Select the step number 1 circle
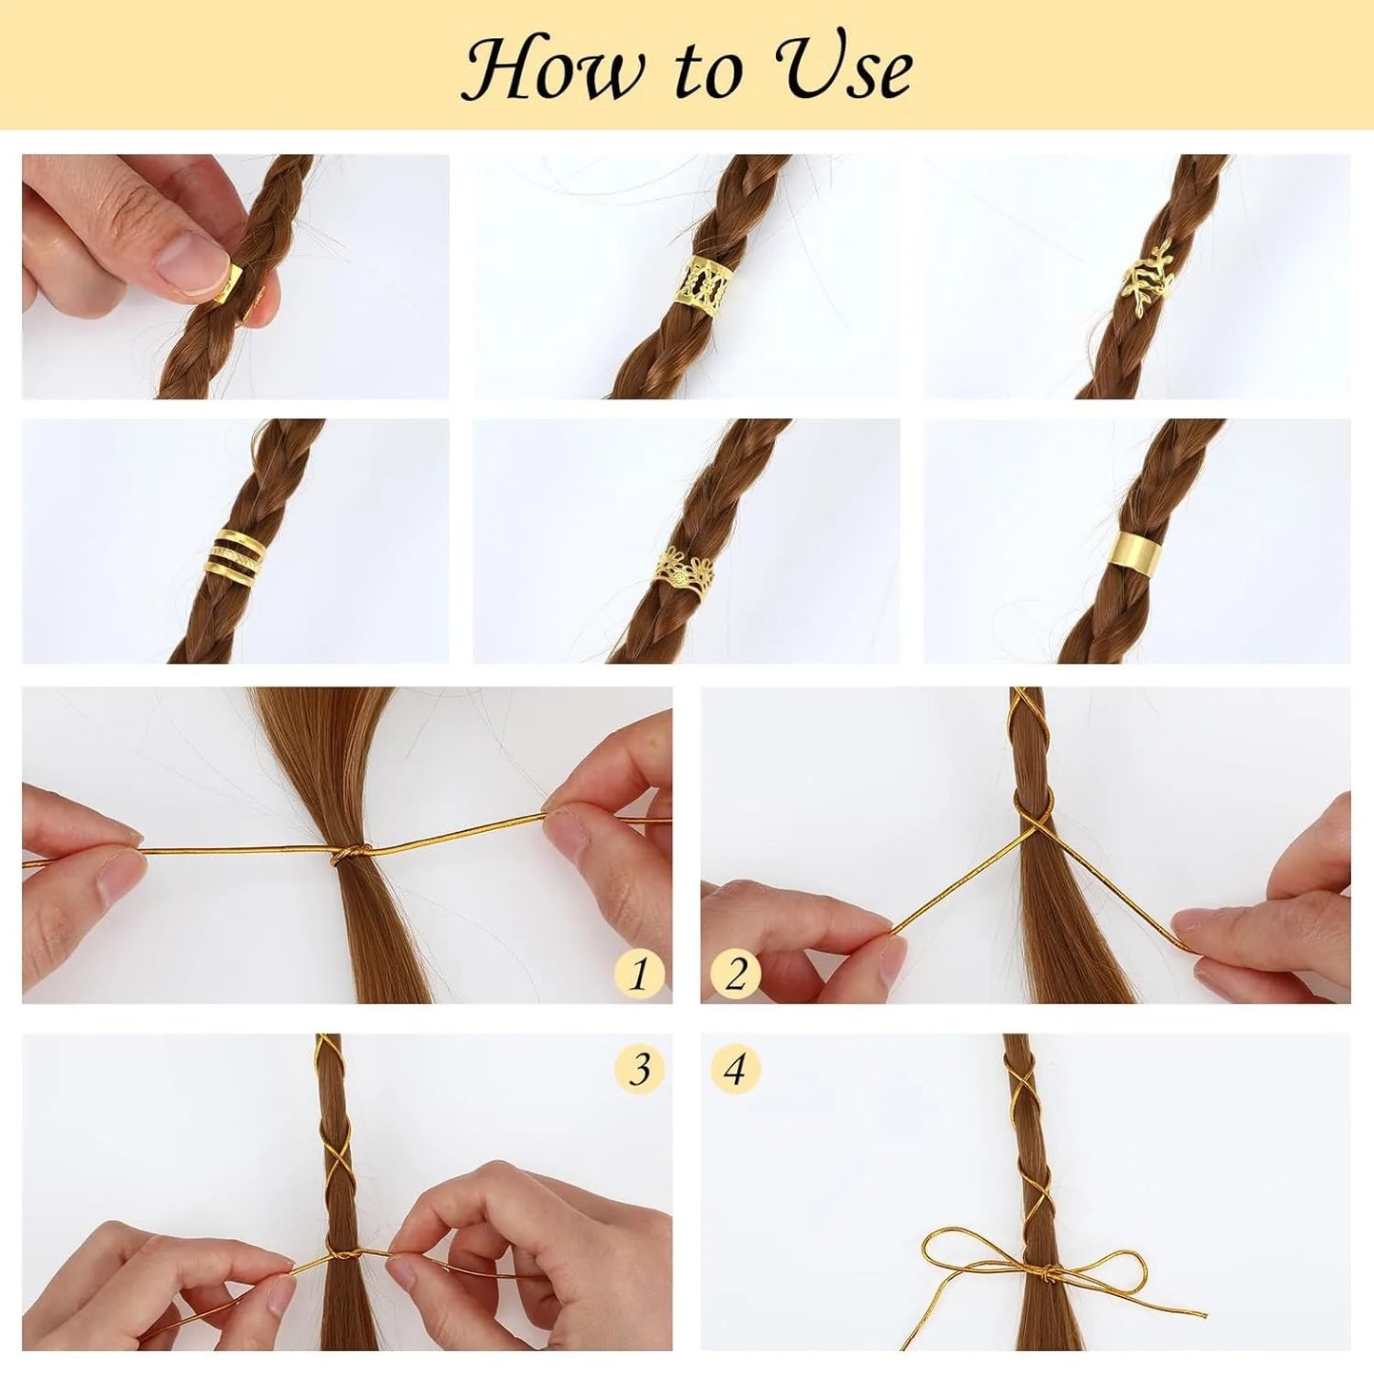click(639, 974)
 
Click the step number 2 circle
click(735, 974)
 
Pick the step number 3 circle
click(639, 1069)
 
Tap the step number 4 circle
click(735, 1069)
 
